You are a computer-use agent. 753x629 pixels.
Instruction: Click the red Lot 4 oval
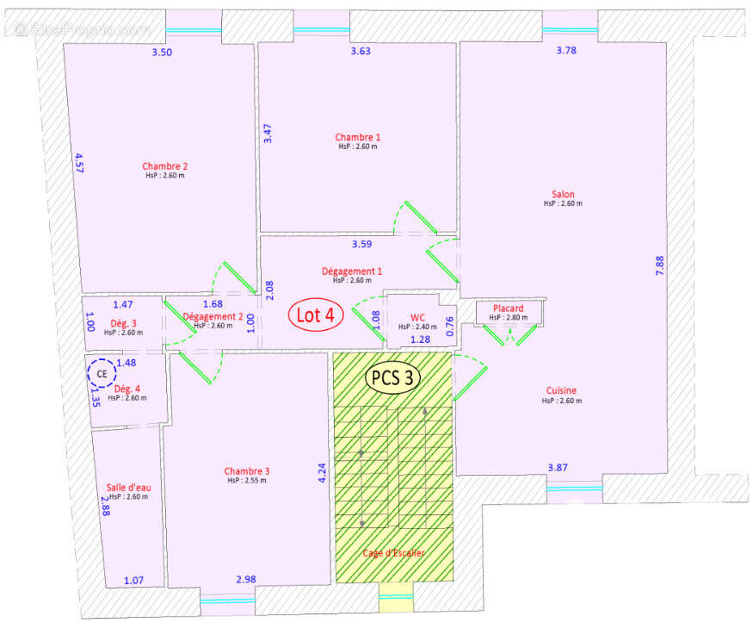[315, 315]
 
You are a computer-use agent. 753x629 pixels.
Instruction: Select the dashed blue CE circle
[102, 374]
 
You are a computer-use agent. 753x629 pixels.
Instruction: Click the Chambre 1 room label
[357, 137]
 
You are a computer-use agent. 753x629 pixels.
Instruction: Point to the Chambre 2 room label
[165, 166]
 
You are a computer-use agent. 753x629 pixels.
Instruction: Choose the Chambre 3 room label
[247, 471]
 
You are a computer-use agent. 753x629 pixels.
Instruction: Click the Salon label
[563, 195]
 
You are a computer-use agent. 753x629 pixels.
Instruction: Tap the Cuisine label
[563, 390]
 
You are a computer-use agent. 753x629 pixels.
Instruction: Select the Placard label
[508, 308]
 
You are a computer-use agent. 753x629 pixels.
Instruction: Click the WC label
[417, 317]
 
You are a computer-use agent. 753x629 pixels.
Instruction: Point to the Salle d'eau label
[128, 488]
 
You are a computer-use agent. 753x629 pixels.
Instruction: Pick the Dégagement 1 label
[352, 271]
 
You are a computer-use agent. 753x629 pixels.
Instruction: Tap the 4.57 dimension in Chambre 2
[79, 163]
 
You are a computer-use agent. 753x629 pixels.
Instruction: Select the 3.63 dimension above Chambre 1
[361, 52]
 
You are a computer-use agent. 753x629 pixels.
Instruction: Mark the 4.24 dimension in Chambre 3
[322, 473]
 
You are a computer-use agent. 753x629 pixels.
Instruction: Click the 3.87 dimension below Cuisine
[559, 467]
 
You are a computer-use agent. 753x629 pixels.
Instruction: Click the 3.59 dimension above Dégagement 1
[361, 244]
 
